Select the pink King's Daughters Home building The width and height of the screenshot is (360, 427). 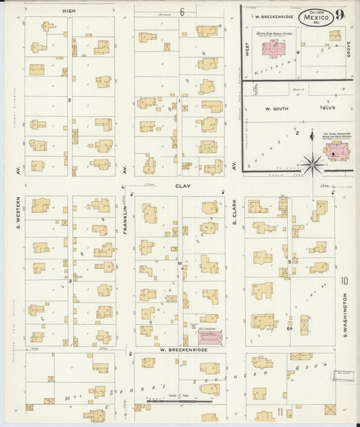(334, 153)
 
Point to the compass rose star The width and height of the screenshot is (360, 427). (312, 161)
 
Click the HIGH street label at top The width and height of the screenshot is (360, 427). (68, 11)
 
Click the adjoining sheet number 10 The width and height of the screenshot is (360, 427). (344, 280)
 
